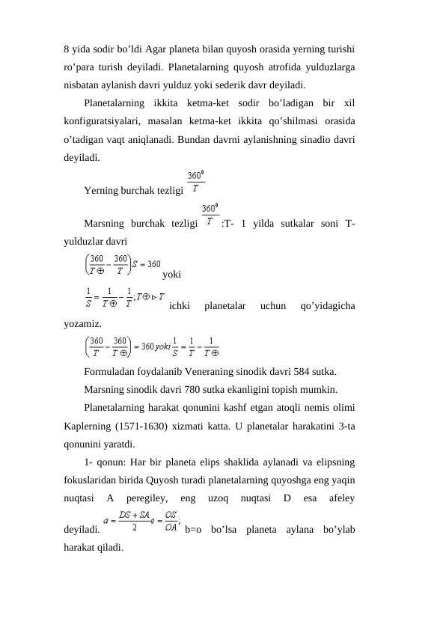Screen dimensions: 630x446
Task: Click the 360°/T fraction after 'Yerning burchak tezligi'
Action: coord(197,183)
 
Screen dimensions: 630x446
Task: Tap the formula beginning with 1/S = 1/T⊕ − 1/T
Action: coord(124,298)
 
